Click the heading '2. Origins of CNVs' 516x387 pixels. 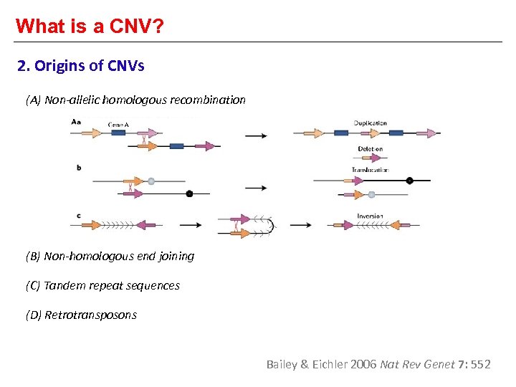click(x=81, y=67)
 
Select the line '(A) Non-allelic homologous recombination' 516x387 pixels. click(x=135, y=100)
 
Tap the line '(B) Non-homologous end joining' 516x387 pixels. click(x=110, y=256)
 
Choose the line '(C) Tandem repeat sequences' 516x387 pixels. click(x=102, y=285)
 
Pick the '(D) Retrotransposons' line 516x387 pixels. click(x=81, y=315)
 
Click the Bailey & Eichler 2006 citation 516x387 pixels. click(x=378, y=364)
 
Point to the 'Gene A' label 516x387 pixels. click(x=119, y=125)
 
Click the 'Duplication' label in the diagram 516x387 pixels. click(x=371, y=123)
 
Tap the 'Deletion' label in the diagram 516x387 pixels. click(x=371, y=149)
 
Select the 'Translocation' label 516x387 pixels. click(x=370, y=170)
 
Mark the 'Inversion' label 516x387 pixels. click(x=370, y=216)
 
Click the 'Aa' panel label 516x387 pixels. click(x=76, y=122)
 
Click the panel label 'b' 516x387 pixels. click(x=78, y=168)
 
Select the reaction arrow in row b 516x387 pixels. click(x=256, y=188)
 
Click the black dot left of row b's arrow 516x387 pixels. click(x=189, y=193)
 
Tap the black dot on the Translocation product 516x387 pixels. click(x=409, y=181)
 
